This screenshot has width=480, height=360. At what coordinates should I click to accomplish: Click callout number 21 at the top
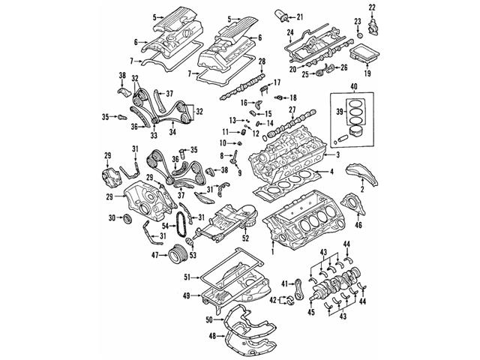point(300,16)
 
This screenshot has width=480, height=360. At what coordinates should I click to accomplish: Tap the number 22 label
point(373,7)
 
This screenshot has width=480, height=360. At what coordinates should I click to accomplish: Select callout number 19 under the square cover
point(367,74)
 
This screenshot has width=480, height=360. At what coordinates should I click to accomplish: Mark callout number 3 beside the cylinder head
point(337,154)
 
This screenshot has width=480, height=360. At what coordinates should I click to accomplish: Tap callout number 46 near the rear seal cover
point(358,224)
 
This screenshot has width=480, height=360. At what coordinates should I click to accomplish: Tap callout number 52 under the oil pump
point(244,238)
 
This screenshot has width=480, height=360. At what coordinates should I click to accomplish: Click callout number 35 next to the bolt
point(106,116)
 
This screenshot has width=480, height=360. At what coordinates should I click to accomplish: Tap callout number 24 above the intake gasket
point(289,32)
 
